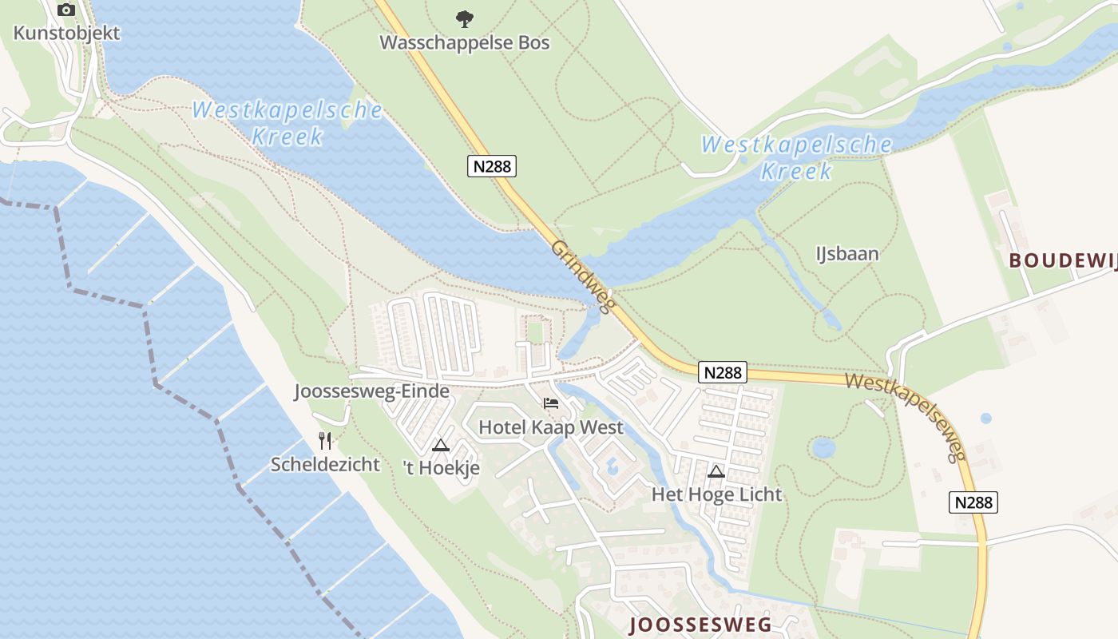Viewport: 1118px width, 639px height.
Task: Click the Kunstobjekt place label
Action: point(67,33)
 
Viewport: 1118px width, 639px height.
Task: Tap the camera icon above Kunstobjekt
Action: point(66,10)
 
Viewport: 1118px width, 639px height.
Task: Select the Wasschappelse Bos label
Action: point(465,42)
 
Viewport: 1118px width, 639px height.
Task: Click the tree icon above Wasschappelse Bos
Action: point(464,18)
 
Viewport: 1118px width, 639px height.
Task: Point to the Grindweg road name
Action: point(581,276)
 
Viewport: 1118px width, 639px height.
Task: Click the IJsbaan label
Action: point(847,254)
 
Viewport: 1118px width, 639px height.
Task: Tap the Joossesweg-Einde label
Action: point(371,391)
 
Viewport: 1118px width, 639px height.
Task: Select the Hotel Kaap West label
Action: point(551,427)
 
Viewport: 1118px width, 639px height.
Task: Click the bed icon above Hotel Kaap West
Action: point(551,403)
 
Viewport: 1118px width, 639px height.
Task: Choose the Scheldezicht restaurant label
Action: point(325,464)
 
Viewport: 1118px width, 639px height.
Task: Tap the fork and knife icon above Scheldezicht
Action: point(325,440)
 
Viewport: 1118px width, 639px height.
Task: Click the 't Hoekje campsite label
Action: point(442,468)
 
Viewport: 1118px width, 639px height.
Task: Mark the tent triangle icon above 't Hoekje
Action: point(441,445)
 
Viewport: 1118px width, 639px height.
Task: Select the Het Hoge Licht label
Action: point(716,494)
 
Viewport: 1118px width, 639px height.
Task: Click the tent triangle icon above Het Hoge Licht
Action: point(716,471)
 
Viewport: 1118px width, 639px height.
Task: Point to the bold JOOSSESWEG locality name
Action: point(700,625)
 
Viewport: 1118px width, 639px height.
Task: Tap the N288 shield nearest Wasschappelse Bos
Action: point(492,166)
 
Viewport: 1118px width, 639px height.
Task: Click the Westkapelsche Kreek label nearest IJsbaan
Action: point(796,157)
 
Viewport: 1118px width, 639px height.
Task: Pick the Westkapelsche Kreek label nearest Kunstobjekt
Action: point(287,123)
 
